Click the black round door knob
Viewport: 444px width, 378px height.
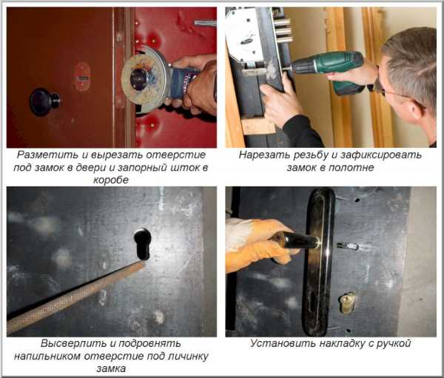tap(44, 101)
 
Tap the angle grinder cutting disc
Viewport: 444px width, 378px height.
tap(140, 79)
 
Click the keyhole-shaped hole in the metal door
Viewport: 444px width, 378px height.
tap(142, 243)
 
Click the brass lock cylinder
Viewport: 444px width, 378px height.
tap(348, 303)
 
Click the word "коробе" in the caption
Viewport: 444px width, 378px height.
tap(111, 180)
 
